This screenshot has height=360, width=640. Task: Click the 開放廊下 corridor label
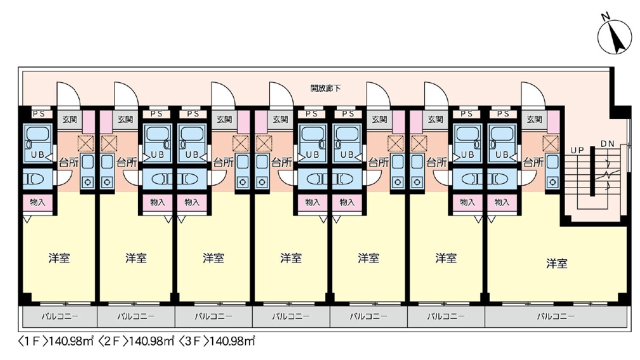325,88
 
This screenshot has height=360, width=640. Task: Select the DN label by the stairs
607,144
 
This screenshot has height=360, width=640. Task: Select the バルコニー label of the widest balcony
555,316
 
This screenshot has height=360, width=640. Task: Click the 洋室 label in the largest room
556,263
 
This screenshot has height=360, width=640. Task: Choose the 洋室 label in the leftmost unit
59,258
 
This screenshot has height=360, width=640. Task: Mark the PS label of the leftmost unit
38,113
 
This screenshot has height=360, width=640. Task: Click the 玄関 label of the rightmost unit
534,120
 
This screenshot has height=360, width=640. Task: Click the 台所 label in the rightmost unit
533,162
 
